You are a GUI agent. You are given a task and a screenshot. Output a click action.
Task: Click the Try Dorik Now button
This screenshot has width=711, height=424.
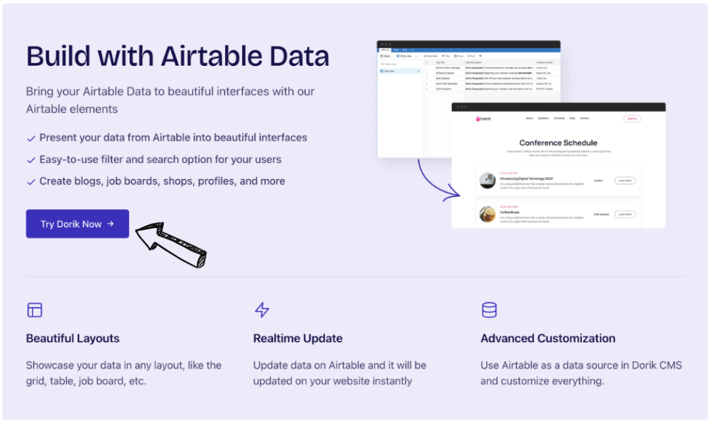click(x=77, y=224)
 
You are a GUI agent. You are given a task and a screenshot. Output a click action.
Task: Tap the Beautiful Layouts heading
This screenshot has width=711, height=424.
click(x=73, y=338)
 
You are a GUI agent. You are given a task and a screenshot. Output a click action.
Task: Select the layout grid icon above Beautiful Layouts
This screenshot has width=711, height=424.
click(x=35, y=310)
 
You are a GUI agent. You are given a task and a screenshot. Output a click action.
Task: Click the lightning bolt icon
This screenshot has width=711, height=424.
click(x=262, y=310)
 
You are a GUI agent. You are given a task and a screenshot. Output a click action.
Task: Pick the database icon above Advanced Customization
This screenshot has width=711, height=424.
click(x=489, y=310)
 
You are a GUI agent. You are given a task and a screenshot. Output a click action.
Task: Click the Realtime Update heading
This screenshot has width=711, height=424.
click(x=297, y=338)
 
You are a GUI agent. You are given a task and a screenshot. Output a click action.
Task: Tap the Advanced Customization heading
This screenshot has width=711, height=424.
click(x=548, y=338)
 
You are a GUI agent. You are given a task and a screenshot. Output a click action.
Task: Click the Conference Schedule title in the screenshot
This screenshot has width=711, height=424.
click(x=558, y=143)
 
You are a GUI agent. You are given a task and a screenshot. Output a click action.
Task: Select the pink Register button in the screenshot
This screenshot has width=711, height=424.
click(x=632, y=118)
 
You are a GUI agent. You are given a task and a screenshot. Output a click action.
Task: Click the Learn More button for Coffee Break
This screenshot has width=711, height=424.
click(x=625, y=214)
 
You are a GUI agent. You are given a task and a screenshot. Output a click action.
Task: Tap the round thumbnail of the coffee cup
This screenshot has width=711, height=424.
click(x=488, y=214)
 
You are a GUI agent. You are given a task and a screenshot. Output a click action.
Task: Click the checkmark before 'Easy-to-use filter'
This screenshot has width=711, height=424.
click(x=31, y=159)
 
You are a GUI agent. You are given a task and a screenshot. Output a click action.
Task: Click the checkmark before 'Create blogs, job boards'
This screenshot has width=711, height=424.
click(x=31, y=181)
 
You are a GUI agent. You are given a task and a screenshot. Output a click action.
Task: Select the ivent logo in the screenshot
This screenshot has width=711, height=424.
click(x=483, y=118)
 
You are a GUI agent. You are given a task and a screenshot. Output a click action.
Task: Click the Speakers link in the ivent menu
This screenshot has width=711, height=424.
click(x=543, y=118)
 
